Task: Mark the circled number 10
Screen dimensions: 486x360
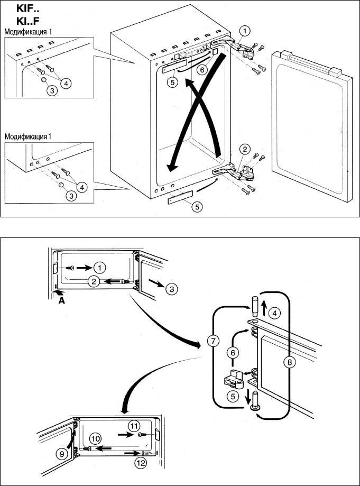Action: pyautogui.click(x=95, y=438)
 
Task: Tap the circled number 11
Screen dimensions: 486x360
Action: pyautogui.click(x=134, y=425)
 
